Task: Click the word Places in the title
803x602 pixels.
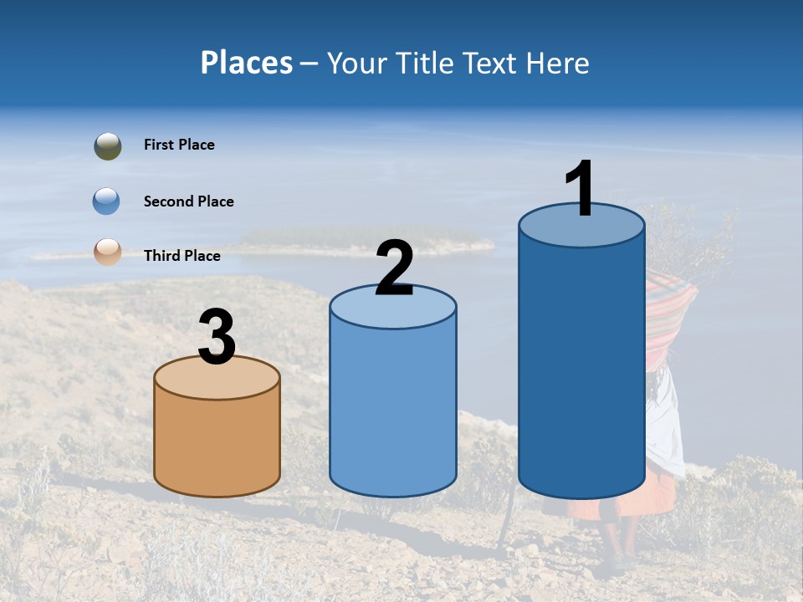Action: coord(246,63)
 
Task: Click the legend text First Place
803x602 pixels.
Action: coord(179,145)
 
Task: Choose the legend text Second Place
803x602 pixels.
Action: coord(188,202)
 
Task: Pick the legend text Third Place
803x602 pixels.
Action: coord(182,256)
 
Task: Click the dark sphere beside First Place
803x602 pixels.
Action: coord(108,146)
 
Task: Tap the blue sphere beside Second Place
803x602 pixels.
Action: coord(107,202)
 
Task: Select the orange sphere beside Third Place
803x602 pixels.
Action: coord(108,252)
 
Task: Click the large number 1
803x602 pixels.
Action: coord(581,189)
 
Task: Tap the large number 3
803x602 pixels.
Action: coord(217,338)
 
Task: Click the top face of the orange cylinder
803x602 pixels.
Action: coord(217,379)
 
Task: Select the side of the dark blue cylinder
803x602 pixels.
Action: coord(581,368)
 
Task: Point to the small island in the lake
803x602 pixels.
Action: coord(360,242)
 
